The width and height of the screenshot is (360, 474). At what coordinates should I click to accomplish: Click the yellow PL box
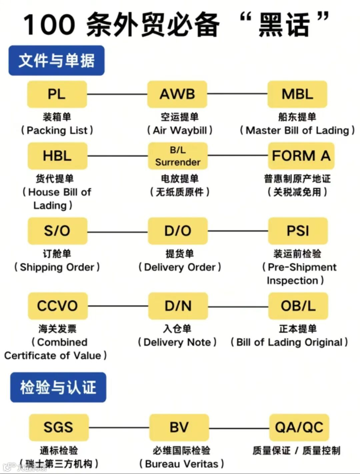pos(57,94)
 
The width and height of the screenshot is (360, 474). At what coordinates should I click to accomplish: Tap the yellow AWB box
pos(177,94)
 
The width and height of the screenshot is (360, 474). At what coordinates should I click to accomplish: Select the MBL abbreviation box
pos(297,94)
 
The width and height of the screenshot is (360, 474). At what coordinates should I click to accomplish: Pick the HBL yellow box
pos(57,156)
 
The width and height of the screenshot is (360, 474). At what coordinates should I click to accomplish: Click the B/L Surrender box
pos(178,156)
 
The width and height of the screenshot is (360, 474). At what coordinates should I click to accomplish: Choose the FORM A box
pos(301,156)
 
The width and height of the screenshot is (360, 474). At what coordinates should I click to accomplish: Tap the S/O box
pos(57,231)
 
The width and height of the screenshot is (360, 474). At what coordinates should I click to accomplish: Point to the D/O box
pos(178,231)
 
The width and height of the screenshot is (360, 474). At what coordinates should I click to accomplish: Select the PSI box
pos(298,231)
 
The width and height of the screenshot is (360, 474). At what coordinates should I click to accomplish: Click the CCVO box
pos(57,306)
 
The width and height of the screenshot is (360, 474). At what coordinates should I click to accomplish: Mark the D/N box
pos(178,306)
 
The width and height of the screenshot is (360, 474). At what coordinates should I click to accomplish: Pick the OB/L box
pos(298,306)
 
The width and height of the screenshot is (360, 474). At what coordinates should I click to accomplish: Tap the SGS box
pos(59,427)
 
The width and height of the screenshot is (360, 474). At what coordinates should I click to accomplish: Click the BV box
pos(179,427)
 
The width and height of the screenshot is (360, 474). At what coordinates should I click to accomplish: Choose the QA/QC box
pos(299,427)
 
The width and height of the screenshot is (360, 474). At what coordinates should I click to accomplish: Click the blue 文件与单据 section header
pos(56,60)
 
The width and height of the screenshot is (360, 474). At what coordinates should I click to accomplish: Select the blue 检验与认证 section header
pos(58,387)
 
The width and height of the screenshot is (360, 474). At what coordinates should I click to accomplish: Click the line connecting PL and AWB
pos(117,94)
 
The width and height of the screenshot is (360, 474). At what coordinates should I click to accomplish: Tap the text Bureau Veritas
pos(182,464)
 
